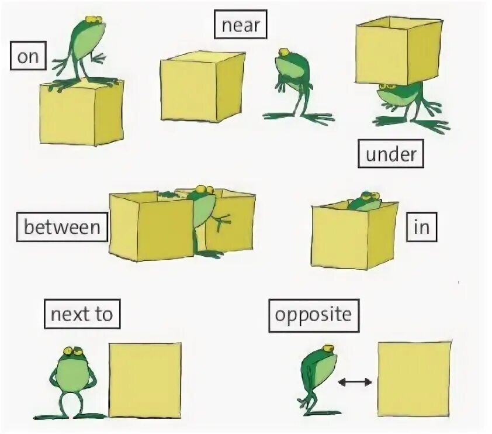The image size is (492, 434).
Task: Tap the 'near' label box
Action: click(240, 26)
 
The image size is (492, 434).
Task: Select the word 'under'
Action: click(390, 155)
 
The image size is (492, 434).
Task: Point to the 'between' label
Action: click(63, 226)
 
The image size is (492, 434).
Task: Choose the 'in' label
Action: click(421, 228)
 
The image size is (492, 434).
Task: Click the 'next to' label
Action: click(82, 315)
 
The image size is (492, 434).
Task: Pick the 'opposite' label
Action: click(314, 315)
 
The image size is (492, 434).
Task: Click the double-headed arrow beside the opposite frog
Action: click(355, 382)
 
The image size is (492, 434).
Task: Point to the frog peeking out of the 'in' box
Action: click(365, 201)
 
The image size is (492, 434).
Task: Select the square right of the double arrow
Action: click(414, 379)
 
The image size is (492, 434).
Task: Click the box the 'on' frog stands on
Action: click(81, 113)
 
